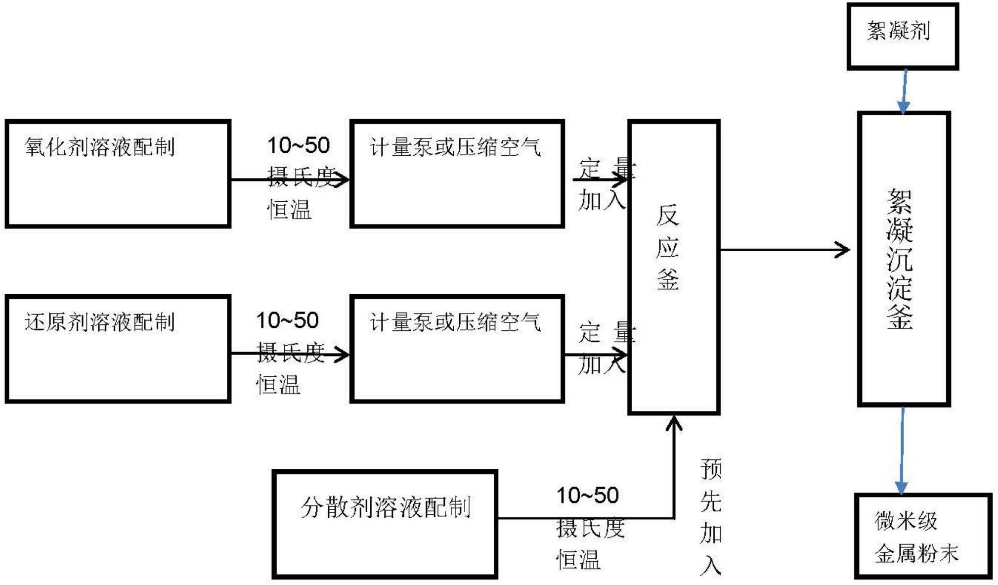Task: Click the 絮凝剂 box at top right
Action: pos(903,36)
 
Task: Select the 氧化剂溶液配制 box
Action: pos(118,173)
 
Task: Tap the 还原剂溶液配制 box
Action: pos(118,349)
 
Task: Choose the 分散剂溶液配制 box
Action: pos(385,524)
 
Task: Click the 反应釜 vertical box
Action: pos(673,267)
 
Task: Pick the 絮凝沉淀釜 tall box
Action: pos(904,259)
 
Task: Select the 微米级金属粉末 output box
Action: pos(922,535)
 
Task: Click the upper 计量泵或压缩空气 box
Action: pos(457,173)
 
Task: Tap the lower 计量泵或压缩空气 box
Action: pos(457,349)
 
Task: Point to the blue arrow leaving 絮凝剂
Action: pos(904,91)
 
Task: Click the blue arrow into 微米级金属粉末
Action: pos(902,450)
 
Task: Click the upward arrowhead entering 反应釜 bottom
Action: pos(674,423)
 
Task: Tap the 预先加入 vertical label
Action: pos(711,516)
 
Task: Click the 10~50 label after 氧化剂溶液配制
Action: pos(299,145)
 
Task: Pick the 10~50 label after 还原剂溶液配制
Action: pos(287,320)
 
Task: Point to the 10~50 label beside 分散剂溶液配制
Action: pos(587,495)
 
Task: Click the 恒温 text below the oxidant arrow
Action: pos(289,210)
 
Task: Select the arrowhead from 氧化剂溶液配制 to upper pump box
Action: pos(342,180)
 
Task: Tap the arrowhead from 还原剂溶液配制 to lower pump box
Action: pos(342,354)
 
